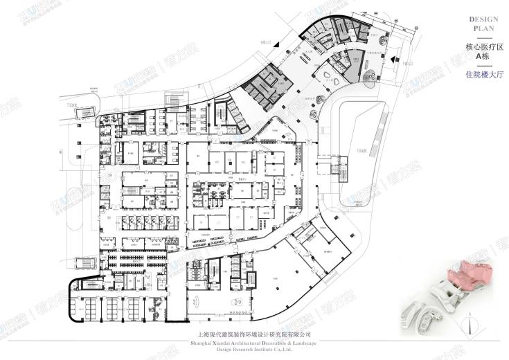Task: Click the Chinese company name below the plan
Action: (x=254, y=334)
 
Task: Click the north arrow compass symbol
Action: (x=473, y=323)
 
